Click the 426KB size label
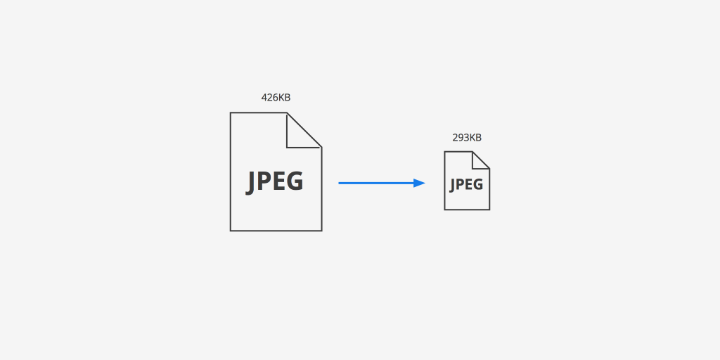276,97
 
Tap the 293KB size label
467,137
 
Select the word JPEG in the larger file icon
275,182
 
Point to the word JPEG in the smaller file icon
467,185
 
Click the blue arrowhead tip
425,184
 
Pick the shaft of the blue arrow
376,184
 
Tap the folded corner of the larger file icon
303,131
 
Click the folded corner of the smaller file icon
480,160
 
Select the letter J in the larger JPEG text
251,183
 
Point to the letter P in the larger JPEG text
265,181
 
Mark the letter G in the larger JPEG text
295,181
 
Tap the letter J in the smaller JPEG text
453,186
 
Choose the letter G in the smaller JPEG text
478,184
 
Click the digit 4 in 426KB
264,97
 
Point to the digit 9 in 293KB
461,137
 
